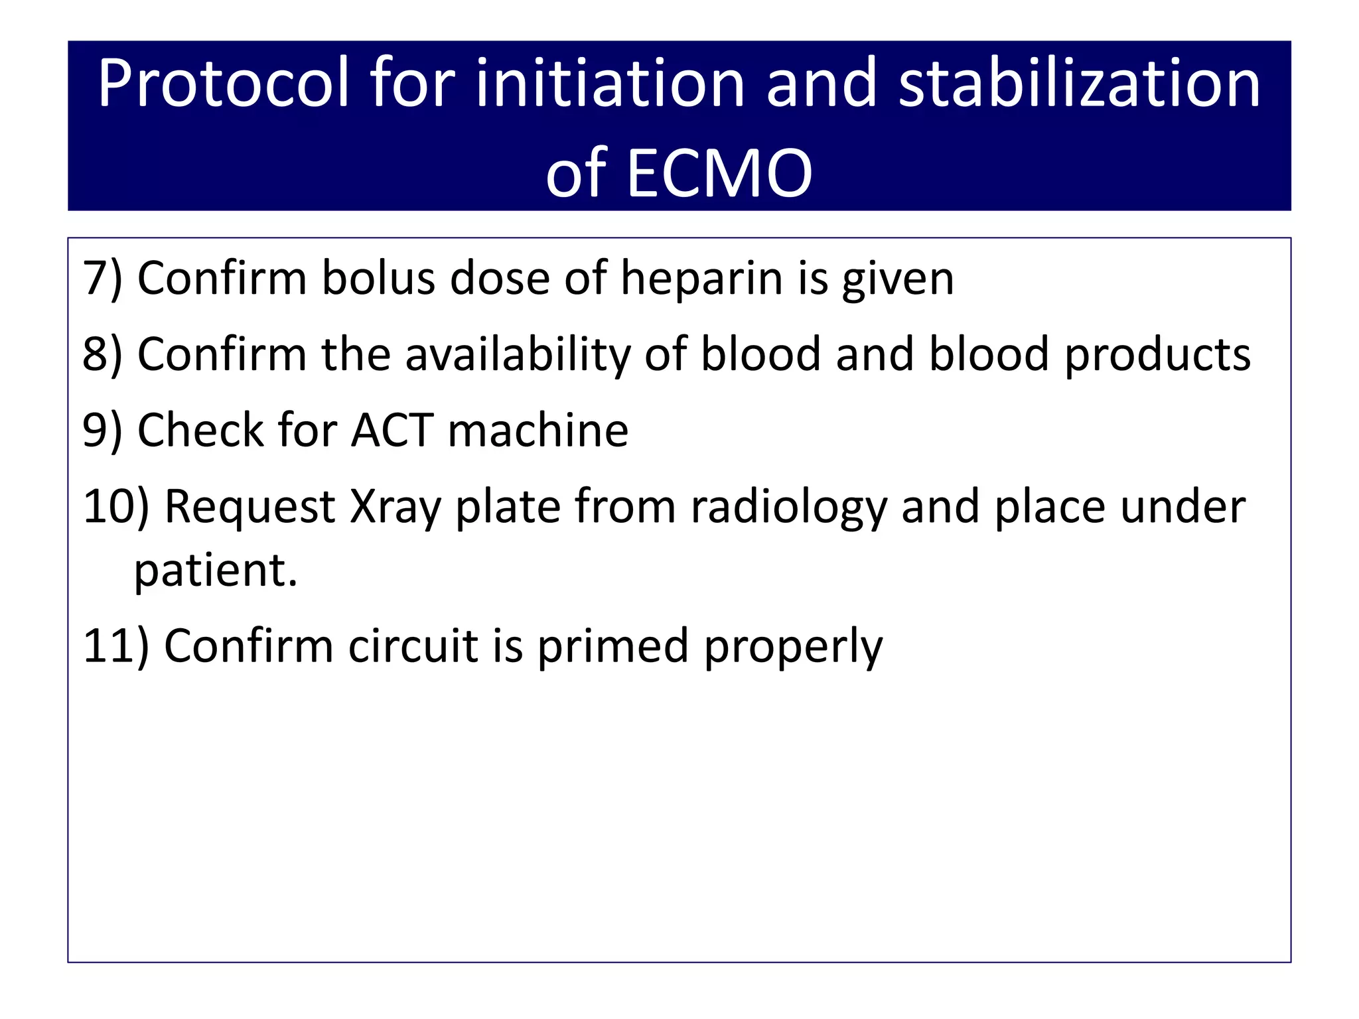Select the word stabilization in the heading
tap(1079, 84)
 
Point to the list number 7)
tap(103, 279)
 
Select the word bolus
tap(378, 279)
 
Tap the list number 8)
tap(103, 355)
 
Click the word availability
tap(518, 355)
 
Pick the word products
tap(1157, 355)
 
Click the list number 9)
tap(103, 431)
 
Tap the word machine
tap(538, 431)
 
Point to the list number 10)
tap(116, 508)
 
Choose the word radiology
tap(788, 508)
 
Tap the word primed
tap(612, 647)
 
